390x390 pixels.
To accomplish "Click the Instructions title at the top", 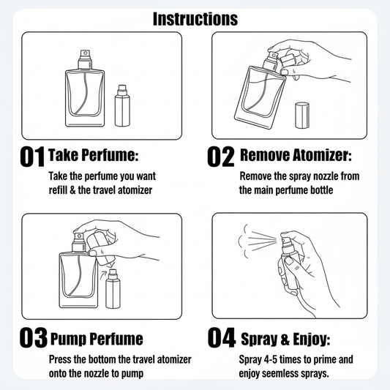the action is (195, 19).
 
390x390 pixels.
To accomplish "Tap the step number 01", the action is (32, 156).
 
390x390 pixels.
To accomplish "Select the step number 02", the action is (221, 156).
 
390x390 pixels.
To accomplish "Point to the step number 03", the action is (34, 337).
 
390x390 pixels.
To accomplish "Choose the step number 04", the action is (222, 337).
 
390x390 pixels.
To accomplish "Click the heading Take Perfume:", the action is (94, 154).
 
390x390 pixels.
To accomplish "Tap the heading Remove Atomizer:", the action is (296, 154).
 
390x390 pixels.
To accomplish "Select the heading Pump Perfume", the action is (97, 339).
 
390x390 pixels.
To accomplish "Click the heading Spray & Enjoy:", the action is (286, 339).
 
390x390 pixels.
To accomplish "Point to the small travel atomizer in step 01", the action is (122, 105).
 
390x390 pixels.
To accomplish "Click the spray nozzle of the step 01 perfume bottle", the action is (85, 59).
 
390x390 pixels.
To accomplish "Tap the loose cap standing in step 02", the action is (302, 115).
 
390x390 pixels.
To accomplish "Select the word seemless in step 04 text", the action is (280, 373).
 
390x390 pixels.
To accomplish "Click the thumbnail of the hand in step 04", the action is (290, 260).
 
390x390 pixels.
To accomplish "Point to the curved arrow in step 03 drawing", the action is (103, 275).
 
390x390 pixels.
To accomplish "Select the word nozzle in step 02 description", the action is (326, 176).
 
